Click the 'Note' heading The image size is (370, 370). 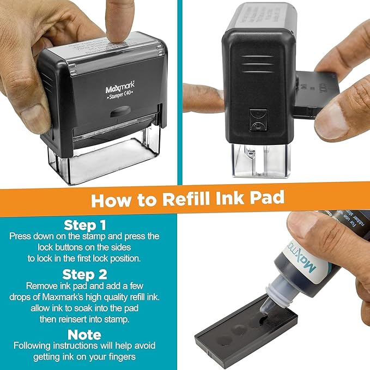[84, 333]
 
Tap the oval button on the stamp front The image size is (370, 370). [119, 113]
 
